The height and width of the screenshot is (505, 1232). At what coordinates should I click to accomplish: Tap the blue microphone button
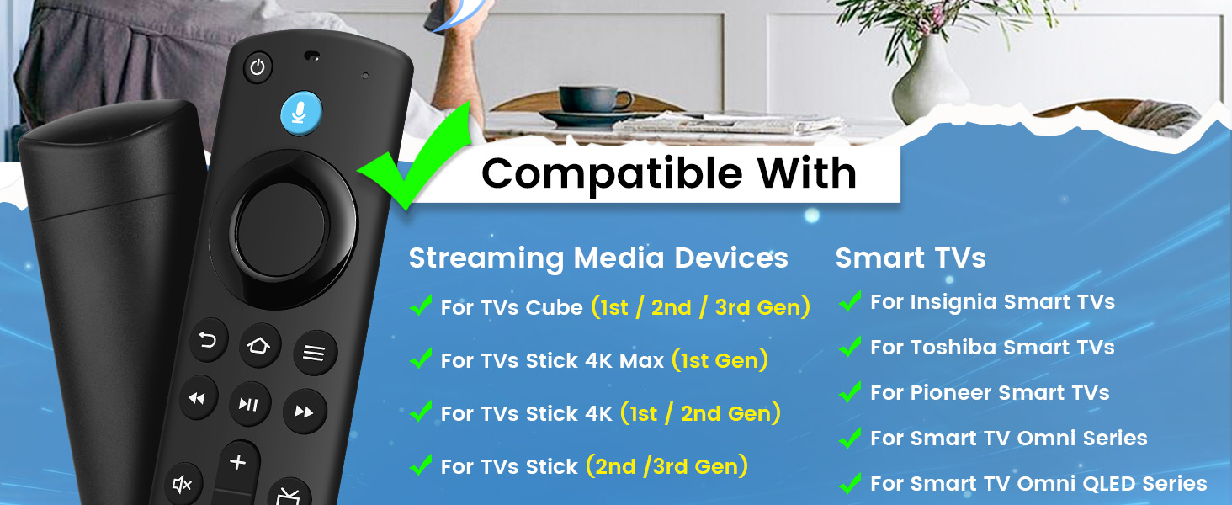[x=300, y=111]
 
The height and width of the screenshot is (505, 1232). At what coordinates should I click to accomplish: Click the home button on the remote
[x=259, y=345]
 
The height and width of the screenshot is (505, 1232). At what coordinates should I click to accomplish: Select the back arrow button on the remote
[x=209, y=340]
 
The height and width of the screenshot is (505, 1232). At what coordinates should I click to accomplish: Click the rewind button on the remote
[x=198, y=398]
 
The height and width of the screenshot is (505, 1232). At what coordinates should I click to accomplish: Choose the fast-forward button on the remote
[x=304, y=412]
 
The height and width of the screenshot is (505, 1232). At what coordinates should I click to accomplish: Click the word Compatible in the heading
[x=613, y=173]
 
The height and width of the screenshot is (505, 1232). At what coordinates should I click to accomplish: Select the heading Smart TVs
[x=910, y=258]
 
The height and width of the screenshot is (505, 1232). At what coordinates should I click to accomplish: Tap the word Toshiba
[x=952, y=347]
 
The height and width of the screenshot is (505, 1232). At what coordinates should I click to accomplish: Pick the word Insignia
[x=953, y=301]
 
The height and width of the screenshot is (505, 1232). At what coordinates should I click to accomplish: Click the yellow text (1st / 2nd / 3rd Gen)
[x=700, y=307]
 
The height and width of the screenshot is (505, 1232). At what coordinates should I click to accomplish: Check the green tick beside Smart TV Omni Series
[x=851, y=438]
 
